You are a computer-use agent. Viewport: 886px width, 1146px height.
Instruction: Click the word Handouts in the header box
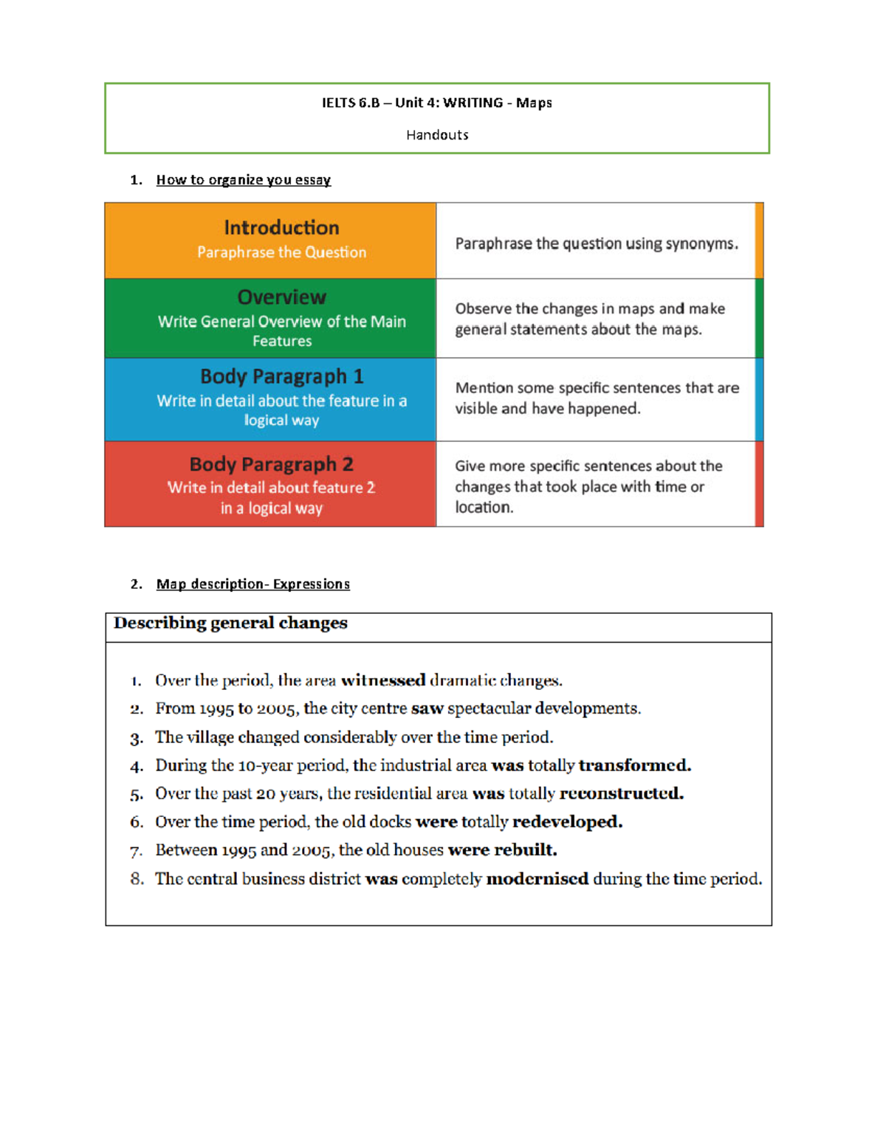point(437,135)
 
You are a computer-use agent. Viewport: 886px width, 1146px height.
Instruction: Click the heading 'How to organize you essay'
point(243,180)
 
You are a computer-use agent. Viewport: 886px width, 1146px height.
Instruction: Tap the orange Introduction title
point(281,227)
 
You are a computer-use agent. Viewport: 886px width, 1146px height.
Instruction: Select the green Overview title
point(281,297)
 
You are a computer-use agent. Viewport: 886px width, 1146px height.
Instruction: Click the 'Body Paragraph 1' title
point(281,376)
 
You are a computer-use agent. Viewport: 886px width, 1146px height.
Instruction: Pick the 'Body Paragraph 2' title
point(271,464)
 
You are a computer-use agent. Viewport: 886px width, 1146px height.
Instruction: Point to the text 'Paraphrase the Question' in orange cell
point(281,252)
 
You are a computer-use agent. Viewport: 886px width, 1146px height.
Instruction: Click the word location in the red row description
point(483,508)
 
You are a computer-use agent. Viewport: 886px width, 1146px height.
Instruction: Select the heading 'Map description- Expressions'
point(253,584)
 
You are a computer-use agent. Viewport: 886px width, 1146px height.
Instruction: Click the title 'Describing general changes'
point(230,624)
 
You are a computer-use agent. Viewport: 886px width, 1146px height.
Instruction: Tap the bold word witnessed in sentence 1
point(383,680)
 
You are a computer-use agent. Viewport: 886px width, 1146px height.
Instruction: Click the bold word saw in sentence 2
point(427,708)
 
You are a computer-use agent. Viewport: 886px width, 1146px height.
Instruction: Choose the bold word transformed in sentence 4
point(634,765)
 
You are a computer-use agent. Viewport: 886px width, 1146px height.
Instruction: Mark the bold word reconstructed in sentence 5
point(621,793)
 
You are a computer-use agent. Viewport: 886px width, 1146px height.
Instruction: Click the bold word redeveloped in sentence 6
point(567,822)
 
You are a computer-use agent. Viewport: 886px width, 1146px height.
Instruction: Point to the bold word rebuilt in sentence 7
point(525,850)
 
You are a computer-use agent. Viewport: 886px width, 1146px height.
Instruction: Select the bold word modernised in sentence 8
point(537,879)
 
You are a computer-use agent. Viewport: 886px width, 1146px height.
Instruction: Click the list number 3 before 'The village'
point(137,739)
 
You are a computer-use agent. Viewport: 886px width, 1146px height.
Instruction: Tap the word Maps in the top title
point(534,103)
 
